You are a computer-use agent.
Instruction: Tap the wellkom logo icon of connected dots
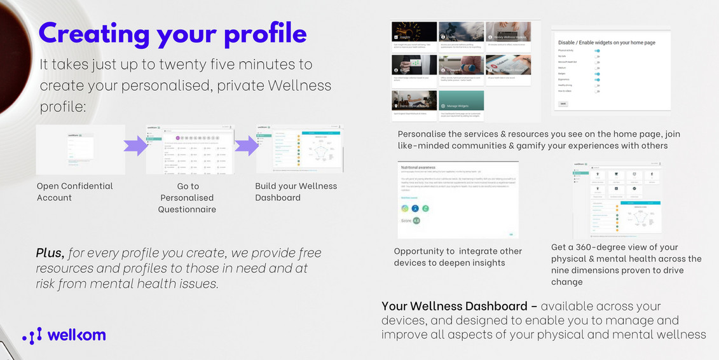[x=32, y=336]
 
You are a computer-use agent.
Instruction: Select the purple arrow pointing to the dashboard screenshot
[x=245, y=146]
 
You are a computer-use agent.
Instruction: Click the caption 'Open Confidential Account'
[x=74, y=191]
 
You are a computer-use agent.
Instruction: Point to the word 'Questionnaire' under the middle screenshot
[x=187, y=209]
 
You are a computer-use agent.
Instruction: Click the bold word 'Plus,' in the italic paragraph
[x=50, y=253]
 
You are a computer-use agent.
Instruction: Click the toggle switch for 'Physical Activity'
[x=597, y=50]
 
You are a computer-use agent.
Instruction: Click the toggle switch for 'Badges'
[x=597, y=74]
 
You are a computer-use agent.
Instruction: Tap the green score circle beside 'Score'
[x=416, y=221]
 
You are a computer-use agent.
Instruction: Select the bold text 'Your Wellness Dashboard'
[x=455, y=307]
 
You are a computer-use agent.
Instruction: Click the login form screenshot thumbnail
[x=80, y=149]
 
